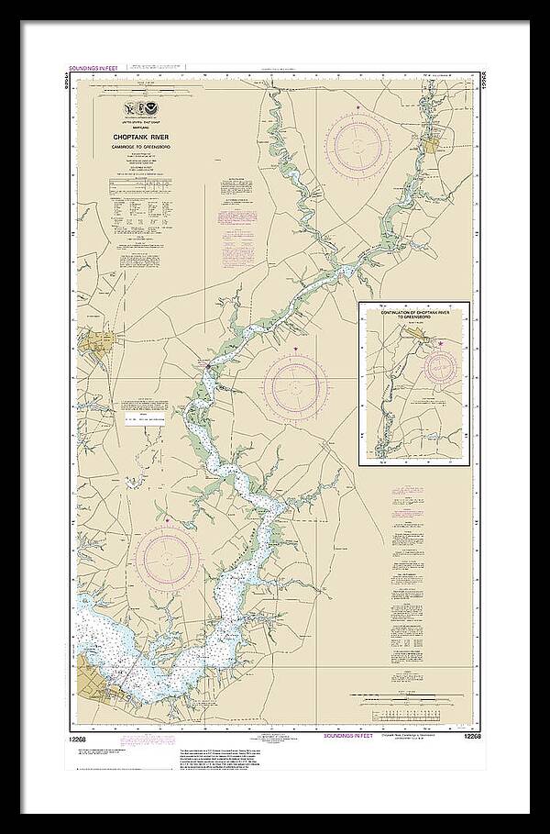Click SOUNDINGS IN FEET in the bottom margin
coord(347,735)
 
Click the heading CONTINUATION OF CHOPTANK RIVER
coord(413,313)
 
